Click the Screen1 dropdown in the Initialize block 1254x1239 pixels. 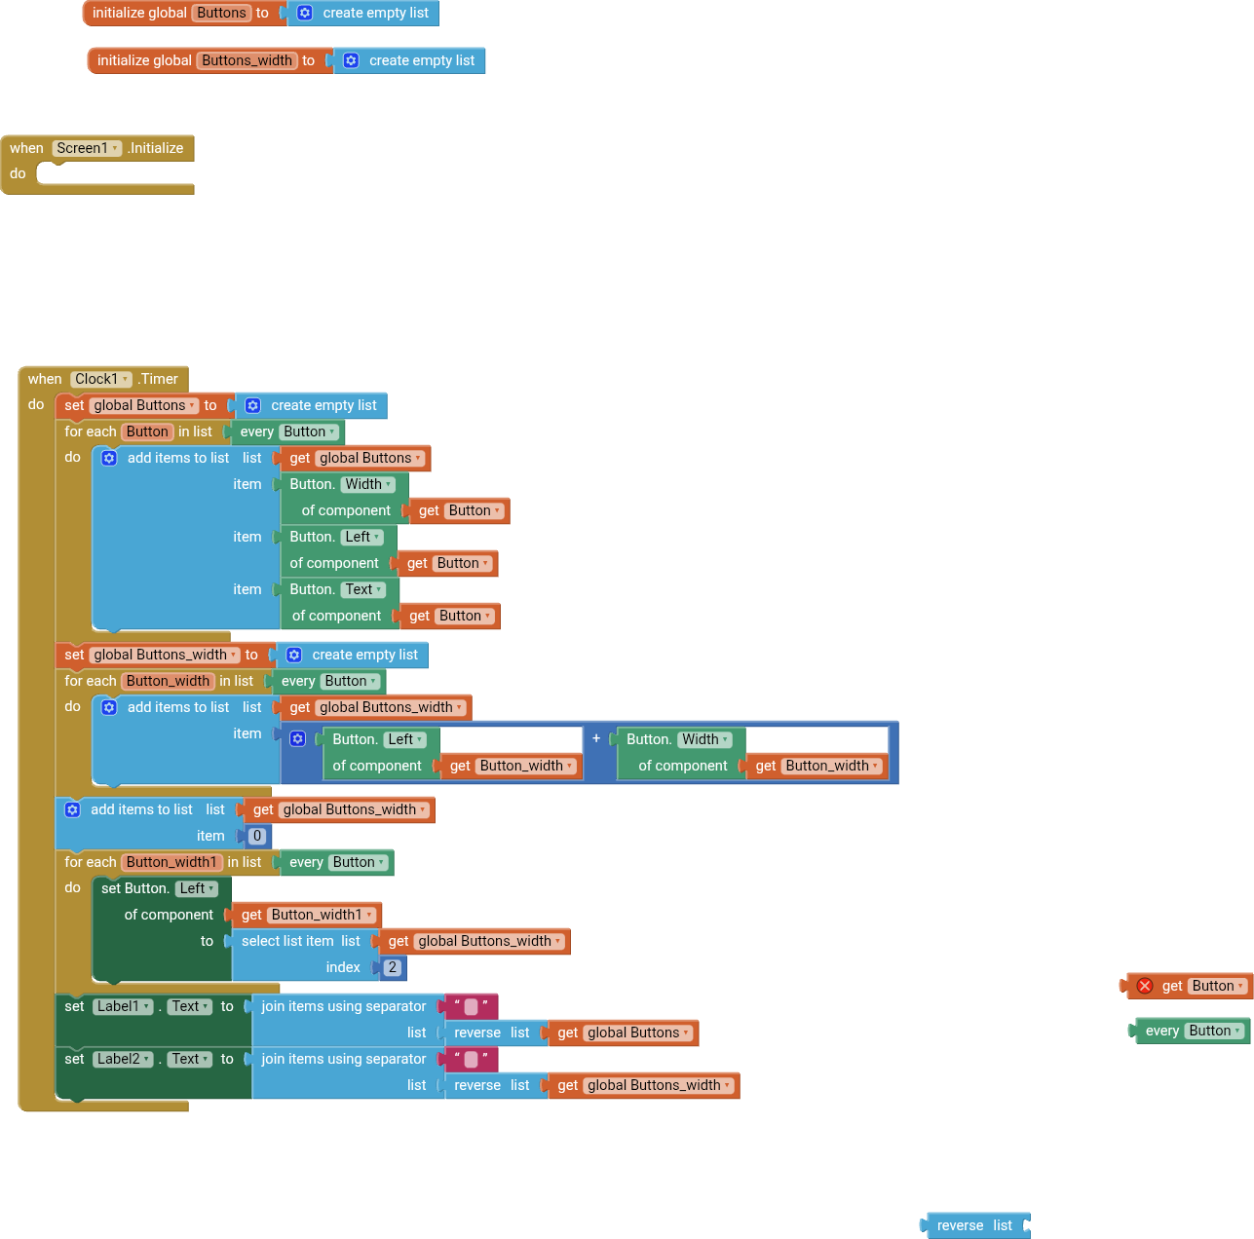pos(88,148)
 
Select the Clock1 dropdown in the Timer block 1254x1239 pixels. pos(101,379)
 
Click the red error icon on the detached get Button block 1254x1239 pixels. pos(1145,986)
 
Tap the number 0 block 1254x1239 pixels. pos(257,836)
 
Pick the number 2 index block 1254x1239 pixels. pos(392,967)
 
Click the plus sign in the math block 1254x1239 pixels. pos(596,738)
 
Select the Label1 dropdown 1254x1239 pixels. pos(123,1006)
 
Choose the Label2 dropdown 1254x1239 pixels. pos(123,1059)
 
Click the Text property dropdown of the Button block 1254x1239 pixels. pos(363,589)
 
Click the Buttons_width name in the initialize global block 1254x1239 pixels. pos(247,60)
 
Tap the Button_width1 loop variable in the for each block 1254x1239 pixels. pos(171,862)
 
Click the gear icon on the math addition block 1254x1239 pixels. pos(298,739)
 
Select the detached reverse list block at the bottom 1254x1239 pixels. pos(973,1225)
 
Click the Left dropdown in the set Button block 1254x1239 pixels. pos(197,888)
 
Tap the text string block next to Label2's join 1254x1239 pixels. pos(471,1059)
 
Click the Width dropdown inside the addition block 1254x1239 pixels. pos(704,739)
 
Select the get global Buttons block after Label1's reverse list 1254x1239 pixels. pos(624,1032)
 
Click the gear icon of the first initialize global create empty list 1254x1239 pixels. pos(305,13)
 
